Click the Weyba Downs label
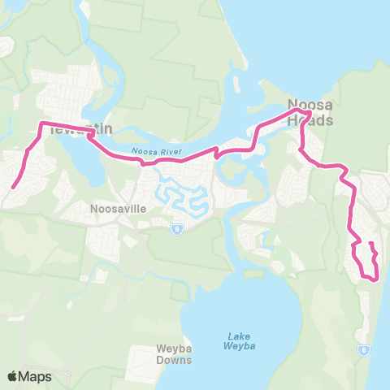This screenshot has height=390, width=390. click(174, 355)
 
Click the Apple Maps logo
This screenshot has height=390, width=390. click(29, 376)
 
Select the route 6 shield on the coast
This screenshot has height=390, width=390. click(363, 350)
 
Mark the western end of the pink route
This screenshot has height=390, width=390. click(13, 188)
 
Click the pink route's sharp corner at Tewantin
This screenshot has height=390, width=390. click(42, 123)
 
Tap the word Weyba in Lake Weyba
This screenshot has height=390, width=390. click(234, 346)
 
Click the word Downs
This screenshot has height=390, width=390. click(174, 360)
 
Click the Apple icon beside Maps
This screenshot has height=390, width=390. click(12, 376)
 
